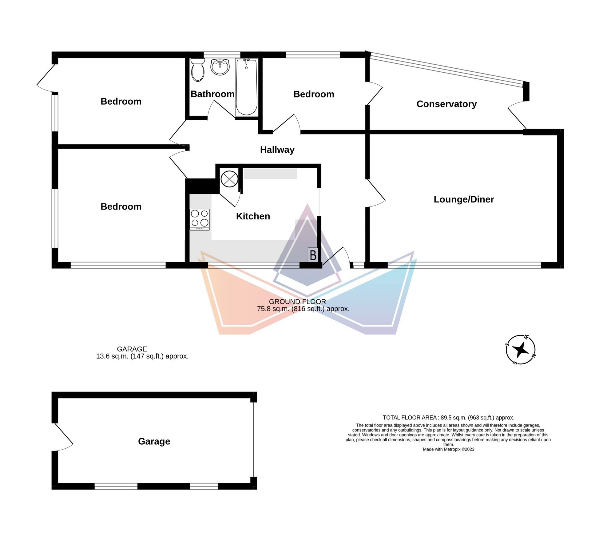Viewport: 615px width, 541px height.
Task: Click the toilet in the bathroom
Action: click(x=198, y=70)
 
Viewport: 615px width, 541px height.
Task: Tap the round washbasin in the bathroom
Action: click(x=220, y=67)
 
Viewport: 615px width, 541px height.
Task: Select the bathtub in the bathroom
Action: click(x=247, y=87)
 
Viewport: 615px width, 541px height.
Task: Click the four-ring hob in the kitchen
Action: click(x=200, y=219)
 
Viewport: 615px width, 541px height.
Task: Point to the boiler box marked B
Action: click(x=313, y=255)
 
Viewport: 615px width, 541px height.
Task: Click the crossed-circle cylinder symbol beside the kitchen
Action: click(x=229, y=179)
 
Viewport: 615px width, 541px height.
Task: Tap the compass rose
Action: click(x=521, y=350)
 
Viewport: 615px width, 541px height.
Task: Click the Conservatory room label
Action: click(x=446, y=104)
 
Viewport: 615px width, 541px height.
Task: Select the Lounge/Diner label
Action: click(x=464, y=199)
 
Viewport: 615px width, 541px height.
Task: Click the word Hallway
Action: click(x=277, y=150)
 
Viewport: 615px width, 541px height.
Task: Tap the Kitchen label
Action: click(x=253, y=216)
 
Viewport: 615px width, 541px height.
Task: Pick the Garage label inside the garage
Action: click(x=154, y=441)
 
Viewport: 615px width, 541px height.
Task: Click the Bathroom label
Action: click(x=212, y=94)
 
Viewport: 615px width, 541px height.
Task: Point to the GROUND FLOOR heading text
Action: click(x=297, y=302)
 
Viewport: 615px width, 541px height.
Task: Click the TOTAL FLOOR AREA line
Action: click(x=448, y=418)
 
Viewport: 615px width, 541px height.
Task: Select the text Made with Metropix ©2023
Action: click(x=448, y=449)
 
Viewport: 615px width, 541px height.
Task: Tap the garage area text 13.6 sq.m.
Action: click(x=112, y=356)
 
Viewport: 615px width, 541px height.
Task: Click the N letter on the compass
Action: click(x=534, y=356)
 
